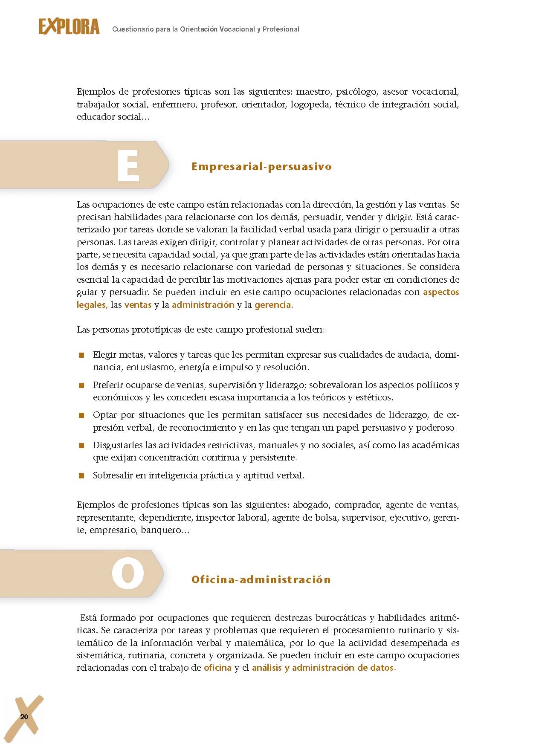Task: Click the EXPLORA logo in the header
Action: [69, 27]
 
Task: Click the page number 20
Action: [24, 717]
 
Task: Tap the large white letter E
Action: [128, 166]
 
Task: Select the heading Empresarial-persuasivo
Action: [261, 166]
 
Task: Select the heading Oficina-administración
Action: [261, 579]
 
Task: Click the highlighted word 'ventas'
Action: [138, 305]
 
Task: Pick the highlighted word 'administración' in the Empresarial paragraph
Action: [203, 305]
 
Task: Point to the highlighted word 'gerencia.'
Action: [274, 305]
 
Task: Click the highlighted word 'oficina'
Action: [217, 668]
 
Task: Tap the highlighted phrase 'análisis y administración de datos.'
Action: [324, 668]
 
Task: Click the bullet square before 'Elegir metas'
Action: [81, 355]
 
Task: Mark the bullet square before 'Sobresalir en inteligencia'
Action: [81, 476]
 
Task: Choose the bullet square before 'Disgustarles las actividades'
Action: [81, 446]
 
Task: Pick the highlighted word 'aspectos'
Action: [441, 292]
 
